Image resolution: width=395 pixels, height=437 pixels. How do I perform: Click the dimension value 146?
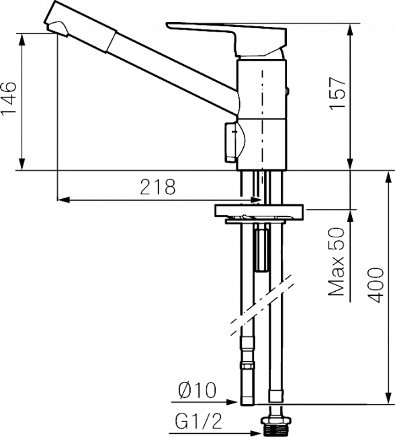8,98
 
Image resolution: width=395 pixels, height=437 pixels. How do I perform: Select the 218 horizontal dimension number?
158,187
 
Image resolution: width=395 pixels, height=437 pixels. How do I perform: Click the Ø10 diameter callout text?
197,390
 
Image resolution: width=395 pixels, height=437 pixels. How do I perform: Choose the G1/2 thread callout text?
198,421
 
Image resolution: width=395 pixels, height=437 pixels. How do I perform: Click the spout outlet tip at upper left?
58,29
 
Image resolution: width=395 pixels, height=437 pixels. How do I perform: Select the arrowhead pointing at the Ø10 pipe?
232,402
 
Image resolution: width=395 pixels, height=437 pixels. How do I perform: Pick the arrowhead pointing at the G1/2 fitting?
255,433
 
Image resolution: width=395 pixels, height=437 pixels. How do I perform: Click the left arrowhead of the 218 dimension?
63,200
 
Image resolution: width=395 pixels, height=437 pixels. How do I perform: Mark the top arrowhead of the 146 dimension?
21,39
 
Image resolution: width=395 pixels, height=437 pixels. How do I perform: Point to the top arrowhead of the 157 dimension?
351,30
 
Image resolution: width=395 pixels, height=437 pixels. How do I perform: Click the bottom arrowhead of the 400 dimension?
388,398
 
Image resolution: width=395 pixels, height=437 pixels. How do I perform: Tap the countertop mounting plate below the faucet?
259,210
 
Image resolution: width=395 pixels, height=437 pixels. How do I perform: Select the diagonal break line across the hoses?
263,306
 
